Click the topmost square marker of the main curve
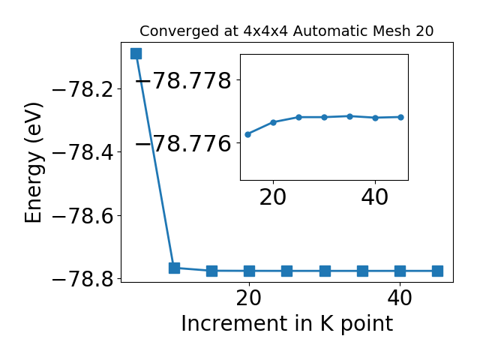[x=136, y=53]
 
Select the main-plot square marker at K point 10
[x=174, y=268]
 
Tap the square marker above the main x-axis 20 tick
[x=250, y=271]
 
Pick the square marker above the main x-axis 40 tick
[x=400, y=271]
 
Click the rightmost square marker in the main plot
[x=438, y=271]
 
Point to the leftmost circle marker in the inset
[x=248, y=134]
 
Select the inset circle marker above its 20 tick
[x=273, y=122]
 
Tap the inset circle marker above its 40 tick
[x=375, y=118]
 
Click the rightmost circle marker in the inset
[x=400, y=117]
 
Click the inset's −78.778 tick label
[x=183, y=80]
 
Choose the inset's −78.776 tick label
[x=183, y=143]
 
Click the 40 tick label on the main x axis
[x=400, y=298]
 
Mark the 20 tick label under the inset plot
[x=273, y=197]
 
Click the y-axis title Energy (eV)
[x=33, y=163]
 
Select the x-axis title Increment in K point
[x=287, y=324]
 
